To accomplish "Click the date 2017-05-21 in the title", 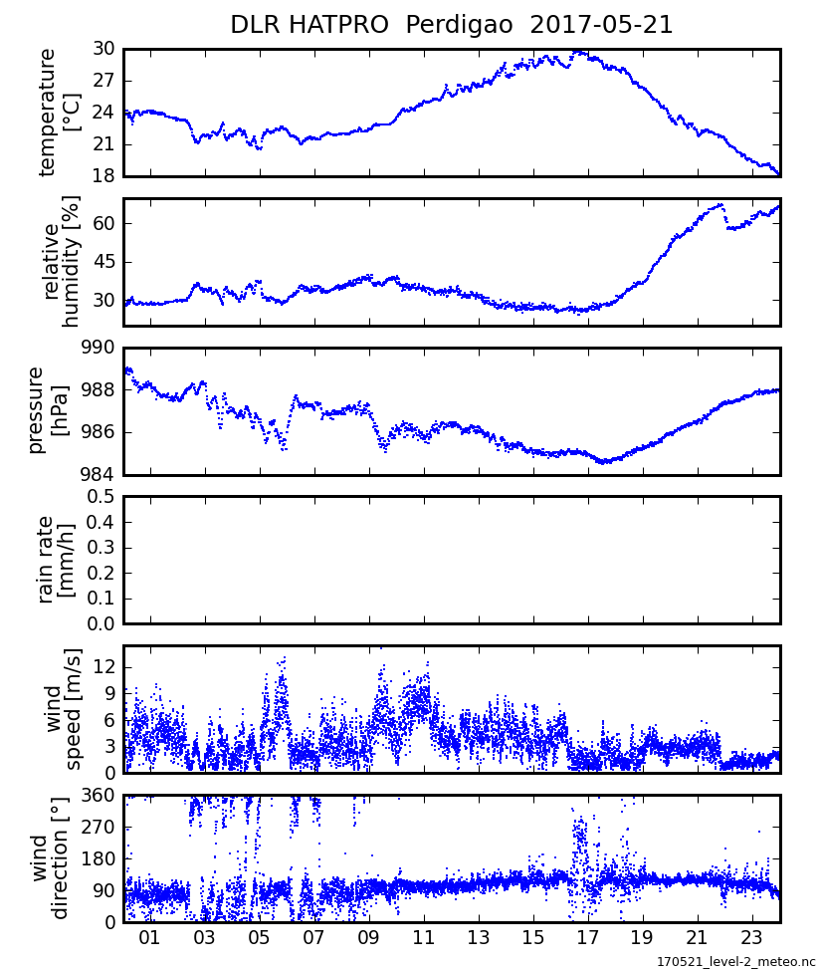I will click(x=601, y=25).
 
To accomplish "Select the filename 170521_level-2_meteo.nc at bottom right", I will click(x=735, y=962).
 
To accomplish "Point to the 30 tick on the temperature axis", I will click(x=103, y=49).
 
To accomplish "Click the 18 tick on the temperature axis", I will click(x=103, y=176).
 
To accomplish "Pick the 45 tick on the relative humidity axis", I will click(x=103, y=262).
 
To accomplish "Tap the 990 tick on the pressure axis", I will click(x=98, y=348).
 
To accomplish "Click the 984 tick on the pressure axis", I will click(x=98, y=474).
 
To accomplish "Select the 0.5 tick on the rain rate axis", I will click(x=101, y=496).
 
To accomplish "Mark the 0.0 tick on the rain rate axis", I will click(x=101, y=623).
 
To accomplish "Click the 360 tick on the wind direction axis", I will click(x=98, y=795).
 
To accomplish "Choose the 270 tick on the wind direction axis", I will click(x=98, y=827).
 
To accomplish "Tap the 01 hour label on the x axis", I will click(x=150, y=938).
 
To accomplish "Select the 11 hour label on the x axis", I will click(x=423, y=938).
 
